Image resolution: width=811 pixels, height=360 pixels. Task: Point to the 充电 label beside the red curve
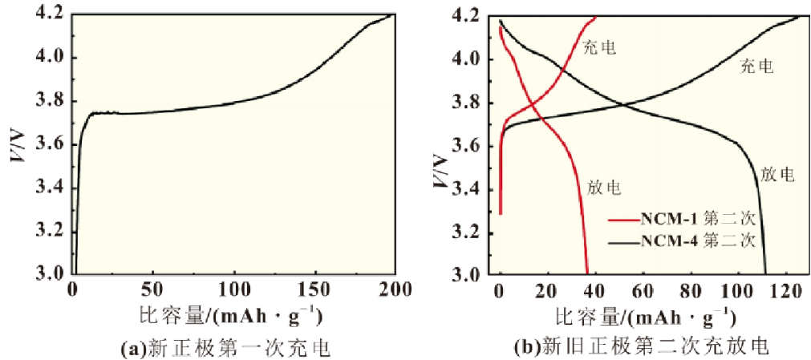tap(599, 48)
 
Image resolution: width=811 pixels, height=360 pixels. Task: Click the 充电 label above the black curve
tap(756, 67)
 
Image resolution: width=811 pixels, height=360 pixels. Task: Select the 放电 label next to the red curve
tap(604, 188)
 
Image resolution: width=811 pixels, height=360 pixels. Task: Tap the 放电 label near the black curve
tap(777, 174)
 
